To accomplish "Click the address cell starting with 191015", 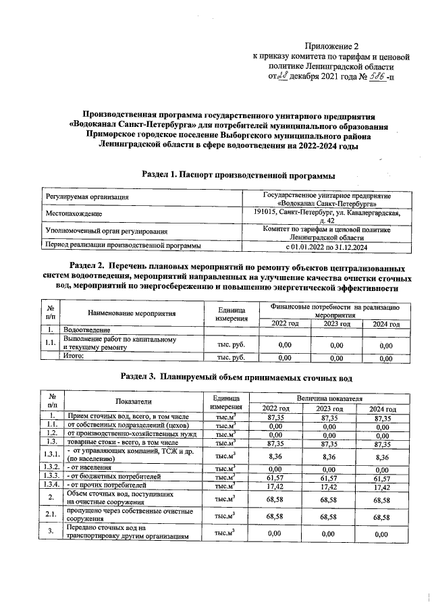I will (327, 216).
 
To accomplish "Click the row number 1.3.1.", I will (52, 456).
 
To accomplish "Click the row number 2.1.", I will (52, 516).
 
